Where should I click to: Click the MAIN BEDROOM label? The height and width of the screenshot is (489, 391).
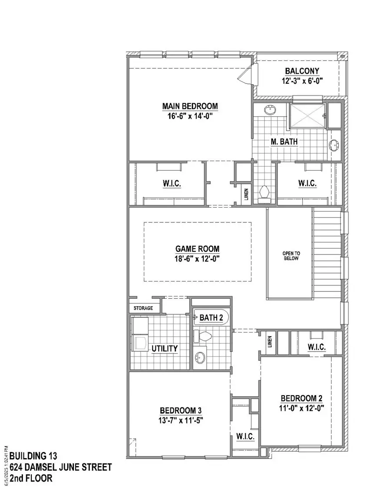tap(190, 106)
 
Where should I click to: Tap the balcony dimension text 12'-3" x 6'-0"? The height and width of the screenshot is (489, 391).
tap(302, 81)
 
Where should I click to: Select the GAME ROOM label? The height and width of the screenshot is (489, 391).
tap(197, 249)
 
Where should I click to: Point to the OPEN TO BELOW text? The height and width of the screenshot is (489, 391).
tap(291, 256)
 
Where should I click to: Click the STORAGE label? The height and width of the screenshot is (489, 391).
tap(143, 308)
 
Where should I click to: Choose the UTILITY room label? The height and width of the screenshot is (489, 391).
tap(164, 348)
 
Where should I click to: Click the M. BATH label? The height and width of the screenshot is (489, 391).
tap(284, 142)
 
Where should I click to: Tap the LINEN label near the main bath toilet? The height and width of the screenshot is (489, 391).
tap(246, 192)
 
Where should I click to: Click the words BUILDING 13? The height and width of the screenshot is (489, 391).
tap(33, 456)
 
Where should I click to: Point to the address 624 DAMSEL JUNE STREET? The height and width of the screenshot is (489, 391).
tap(60, 467)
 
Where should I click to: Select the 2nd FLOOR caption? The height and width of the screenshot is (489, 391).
tap(31, 479)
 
